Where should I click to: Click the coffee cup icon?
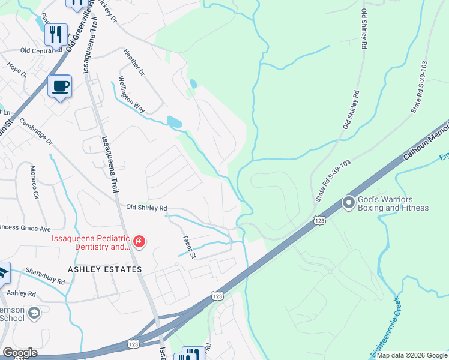pos(59,86)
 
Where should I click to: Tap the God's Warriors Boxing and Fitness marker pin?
pos(348,203)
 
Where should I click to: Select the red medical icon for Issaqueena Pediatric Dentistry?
pos(139,241)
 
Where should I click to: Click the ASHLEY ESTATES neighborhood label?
pos(105,269)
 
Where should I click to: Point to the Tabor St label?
pos(189,247)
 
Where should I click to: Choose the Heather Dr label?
pos(134,62)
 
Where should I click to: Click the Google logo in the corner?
pos(19,353)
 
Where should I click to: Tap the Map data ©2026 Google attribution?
pos(411,355)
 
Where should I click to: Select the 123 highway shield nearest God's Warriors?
pos(319,221)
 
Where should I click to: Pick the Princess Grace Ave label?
pos(24,228)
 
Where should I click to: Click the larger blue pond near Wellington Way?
pos(175,122)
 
